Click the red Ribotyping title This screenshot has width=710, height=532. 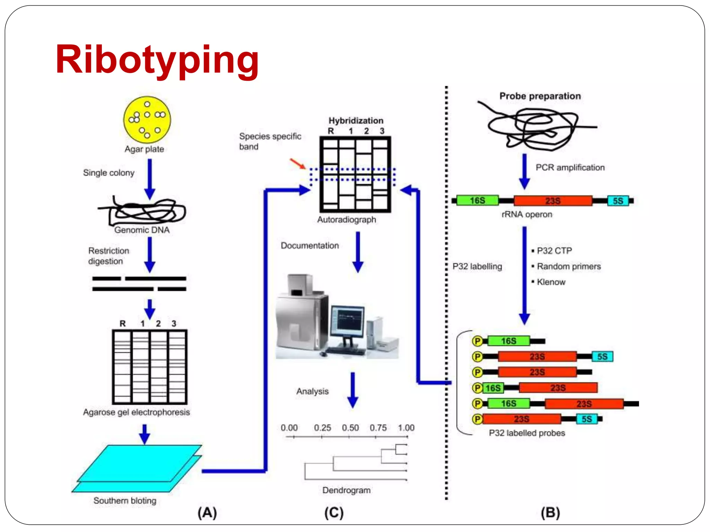pos(157,60)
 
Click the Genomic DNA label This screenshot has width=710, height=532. pos(142,230)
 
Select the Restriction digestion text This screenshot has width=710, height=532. pos(108,256)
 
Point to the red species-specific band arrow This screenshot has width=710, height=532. pos(297,163)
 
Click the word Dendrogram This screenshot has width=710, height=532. pos(346,490)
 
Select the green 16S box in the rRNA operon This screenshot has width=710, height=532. pos(477,201)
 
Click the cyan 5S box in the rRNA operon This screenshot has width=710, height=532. pos(618,201)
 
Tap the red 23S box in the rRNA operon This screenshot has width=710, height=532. pos(553,201)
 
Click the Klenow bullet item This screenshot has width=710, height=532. pos(551,282)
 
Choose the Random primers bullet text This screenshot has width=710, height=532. pos(569,266)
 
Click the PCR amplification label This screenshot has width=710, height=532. pos(570,168)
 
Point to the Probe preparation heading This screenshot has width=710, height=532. pos(540,96)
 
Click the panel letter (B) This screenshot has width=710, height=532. pos(550,512)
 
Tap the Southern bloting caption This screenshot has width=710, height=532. pos(125,500)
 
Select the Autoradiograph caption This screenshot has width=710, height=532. pos(346,220)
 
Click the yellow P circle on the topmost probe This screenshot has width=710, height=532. pos(477,341)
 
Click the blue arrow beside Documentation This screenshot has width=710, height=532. pos(358,252)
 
